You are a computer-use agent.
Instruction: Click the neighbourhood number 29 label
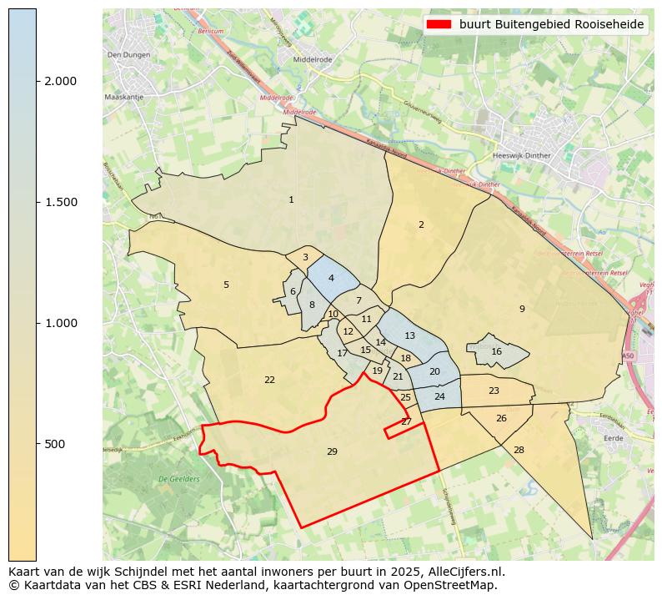(332, 451)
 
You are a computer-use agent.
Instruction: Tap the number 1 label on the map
(291, 199)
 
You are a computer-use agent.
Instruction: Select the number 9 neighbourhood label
(522, 309)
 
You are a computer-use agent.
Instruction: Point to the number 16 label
(497, 351)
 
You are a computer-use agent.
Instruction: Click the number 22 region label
(269, 380)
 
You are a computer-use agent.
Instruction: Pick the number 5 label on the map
(226, 285)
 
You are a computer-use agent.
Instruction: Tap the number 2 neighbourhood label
(421, 224)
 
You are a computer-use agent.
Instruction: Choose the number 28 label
(519, 450)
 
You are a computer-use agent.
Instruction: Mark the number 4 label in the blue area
(331, 278)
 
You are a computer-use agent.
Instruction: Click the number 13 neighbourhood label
(409, 335)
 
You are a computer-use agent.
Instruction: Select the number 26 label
(501, 418)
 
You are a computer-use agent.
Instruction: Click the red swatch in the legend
(439, 24)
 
